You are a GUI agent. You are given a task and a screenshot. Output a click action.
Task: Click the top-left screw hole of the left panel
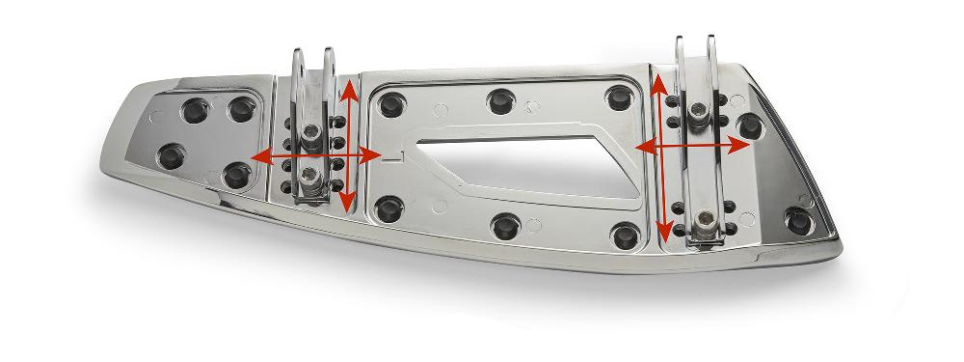click(195, 108)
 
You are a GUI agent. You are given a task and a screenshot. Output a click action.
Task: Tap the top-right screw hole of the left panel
click(238, 109)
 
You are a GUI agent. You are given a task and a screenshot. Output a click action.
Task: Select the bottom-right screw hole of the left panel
click(234, 175)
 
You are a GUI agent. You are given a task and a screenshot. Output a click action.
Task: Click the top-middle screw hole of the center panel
click(500, 99)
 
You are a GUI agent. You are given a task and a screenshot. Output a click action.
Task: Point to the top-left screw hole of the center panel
click(391, 101)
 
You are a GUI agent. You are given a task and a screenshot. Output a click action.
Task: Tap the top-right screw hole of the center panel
click(618, 98)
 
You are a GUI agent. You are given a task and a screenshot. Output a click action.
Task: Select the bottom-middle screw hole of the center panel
click(505, 227)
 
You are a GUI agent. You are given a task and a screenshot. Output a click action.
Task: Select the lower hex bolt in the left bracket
click(308, 175)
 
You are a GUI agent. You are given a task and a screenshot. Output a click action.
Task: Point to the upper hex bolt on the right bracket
click(698, 114)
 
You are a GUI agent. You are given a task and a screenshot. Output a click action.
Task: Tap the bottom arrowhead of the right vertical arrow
click(663, 235)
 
